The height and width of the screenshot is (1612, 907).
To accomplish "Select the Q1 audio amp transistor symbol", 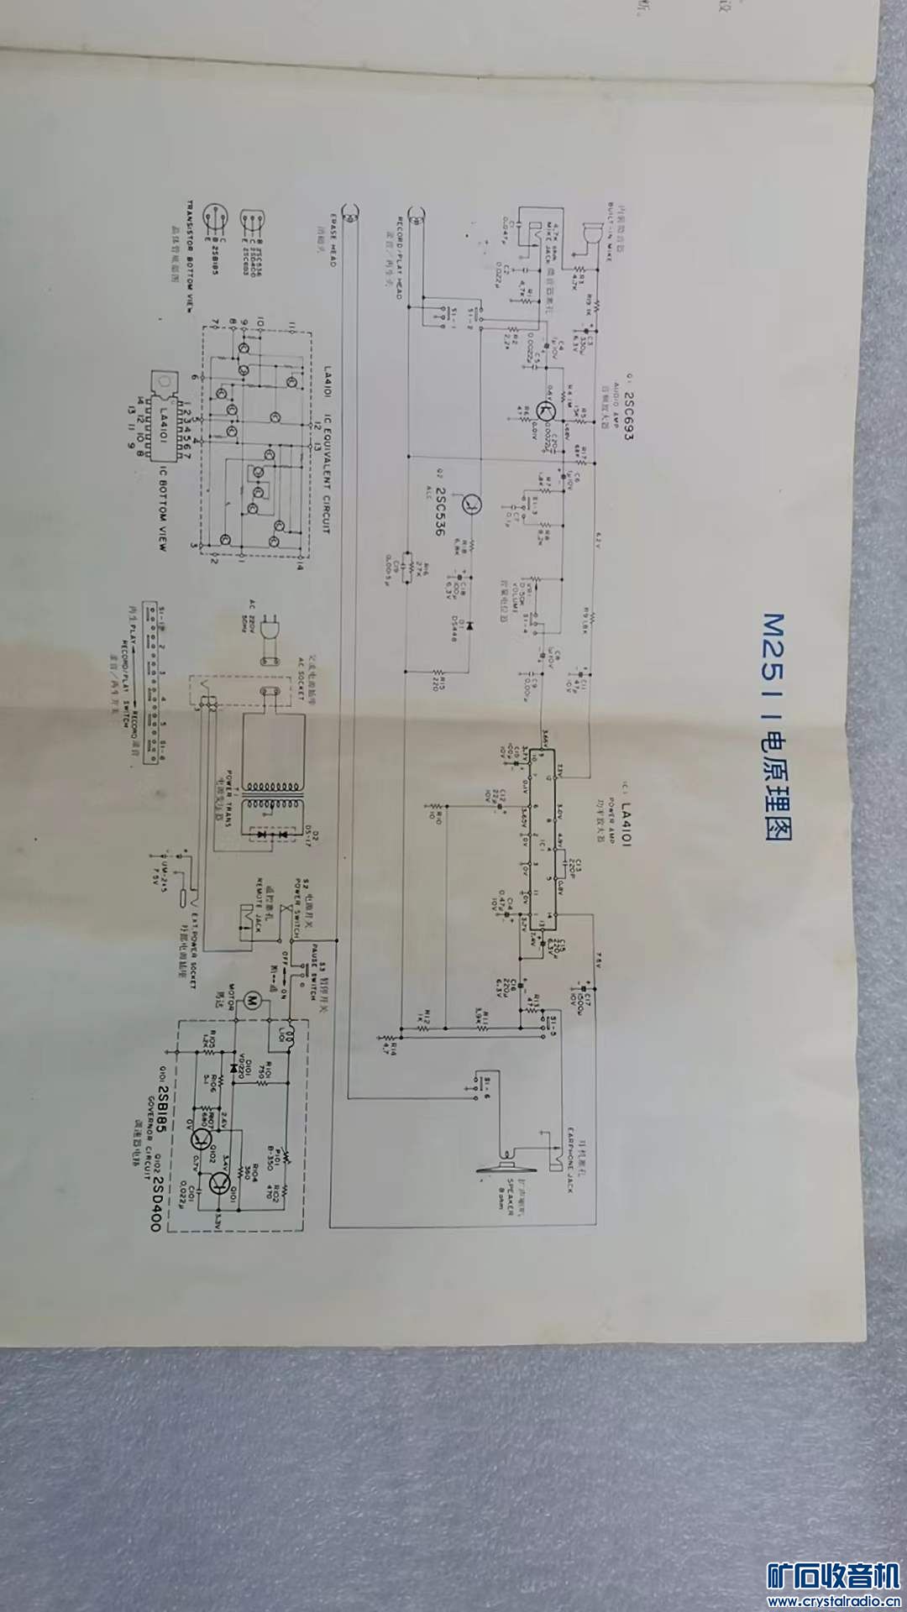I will [547, 411].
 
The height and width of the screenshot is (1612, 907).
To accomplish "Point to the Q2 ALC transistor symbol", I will [473, 505].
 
